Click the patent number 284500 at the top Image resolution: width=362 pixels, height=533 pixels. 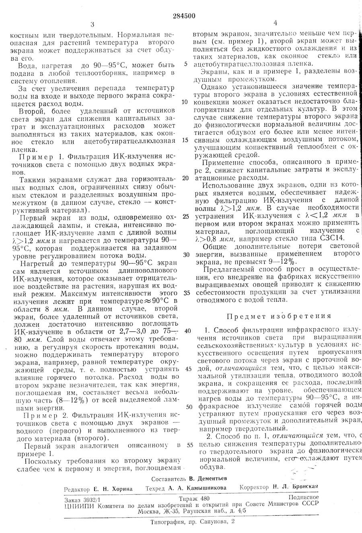(184, 16)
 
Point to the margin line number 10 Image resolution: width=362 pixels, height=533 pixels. (185, 102)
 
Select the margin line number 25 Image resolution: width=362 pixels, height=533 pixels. (185, 216)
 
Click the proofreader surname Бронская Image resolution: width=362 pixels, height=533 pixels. (303, 487)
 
